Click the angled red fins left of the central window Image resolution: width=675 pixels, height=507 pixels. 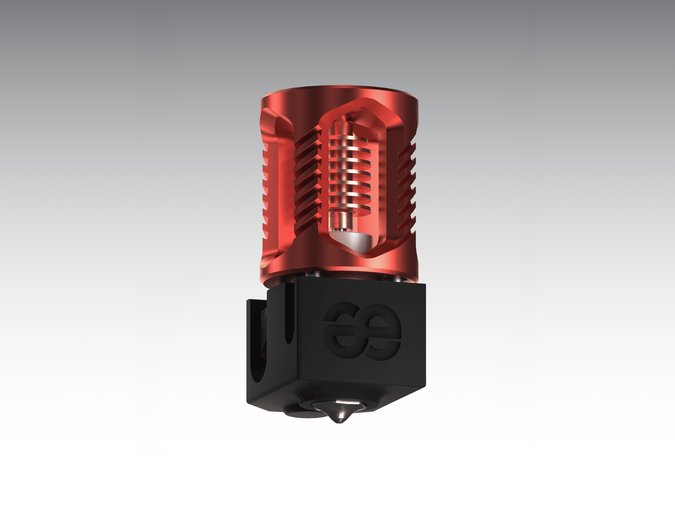(x=307, y=181)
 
